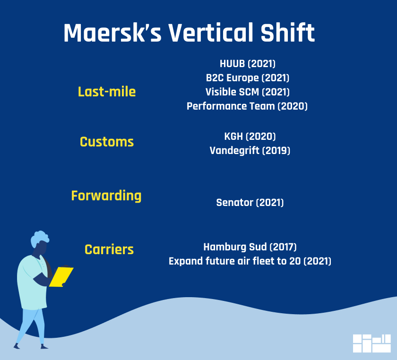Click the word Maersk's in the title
point(112,33)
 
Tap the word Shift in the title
point(288,33)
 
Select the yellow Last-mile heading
point(107,92)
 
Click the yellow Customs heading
point(107,142)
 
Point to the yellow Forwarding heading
point(106,196)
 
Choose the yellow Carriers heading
point(109,249)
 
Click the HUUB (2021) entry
point(247,64)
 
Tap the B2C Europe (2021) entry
point(247,78)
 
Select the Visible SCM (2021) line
point(247,92)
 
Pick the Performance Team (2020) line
point(247,106)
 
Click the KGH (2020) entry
point(250,137)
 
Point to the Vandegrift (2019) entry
point(250,151)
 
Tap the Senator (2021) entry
point(250,203)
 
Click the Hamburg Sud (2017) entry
point(250,247)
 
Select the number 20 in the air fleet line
point(295,261)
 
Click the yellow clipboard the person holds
point(61,276)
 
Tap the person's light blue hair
point(40,238)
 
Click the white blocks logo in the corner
point(371,343)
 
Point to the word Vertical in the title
point(211,33)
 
